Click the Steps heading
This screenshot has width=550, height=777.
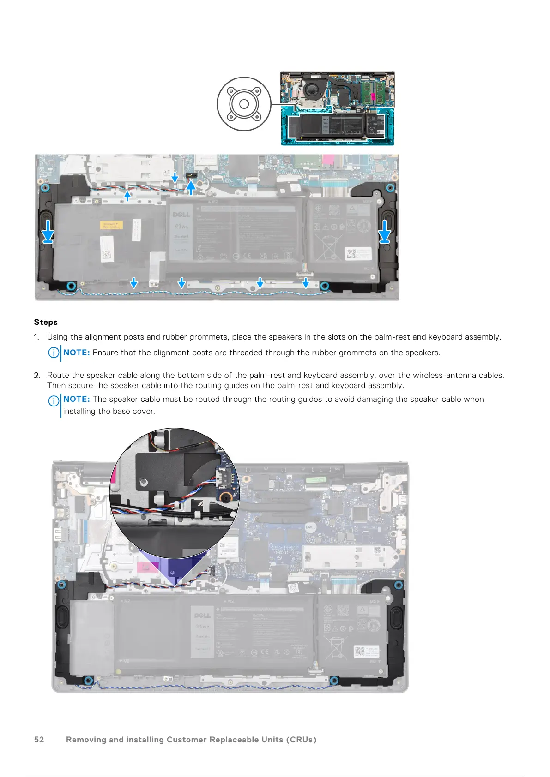click(x=46, y=322)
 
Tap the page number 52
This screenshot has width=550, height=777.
click(x=39, y=740)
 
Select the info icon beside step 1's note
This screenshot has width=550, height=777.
click(x=54, y=353)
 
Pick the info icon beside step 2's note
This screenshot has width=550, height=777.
click(x=54, y=400)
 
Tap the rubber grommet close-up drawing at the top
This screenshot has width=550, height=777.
click(x=244, y=104)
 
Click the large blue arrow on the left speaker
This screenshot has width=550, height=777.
click(x=48, y=231)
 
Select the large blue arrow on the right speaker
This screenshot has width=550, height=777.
click(x=384, y=231)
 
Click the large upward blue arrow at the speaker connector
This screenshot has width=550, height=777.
click(x=191, y=187)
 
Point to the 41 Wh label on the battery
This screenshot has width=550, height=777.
click(x=181, y=226)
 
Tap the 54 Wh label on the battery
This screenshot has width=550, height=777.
click(x=202, y=627)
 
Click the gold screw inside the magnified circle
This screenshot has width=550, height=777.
click(x=225, y=497)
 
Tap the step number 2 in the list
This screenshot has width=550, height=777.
click(x=36, y=376)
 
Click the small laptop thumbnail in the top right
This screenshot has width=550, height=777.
click(x=338, y=108)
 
